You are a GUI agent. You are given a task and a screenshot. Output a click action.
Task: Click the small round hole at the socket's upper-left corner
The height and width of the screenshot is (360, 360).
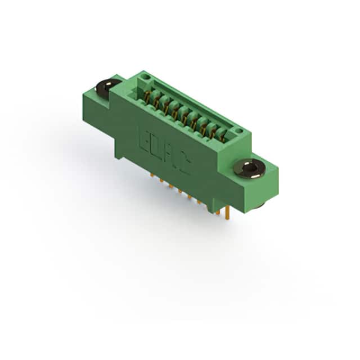click(x=146, y=76)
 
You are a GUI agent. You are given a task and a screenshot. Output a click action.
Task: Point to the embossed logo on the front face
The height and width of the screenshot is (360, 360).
click(x=165, y=152)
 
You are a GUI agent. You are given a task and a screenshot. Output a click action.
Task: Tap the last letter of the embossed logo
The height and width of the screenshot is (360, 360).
click(x=186, y=166)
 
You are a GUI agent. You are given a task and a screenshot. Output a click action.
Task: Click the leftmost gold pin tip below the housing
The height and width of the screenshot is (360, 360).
click(x=152, y=175)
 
